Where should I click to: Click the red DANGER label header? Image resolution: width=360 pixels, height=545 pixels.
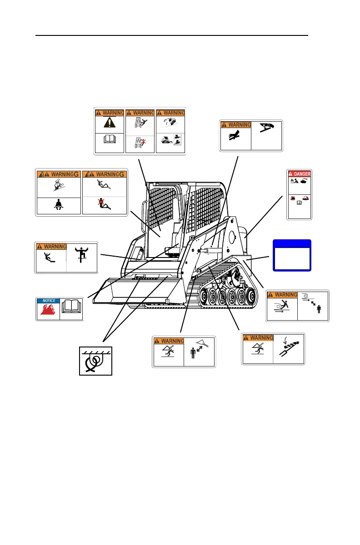click(x=299, y=174)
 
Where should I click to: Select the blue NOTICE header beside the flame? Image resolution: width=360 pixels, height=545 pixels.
click(x=48, y=301)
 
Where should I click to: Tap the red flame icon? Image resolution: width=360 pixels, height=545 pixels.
click(x=48, y=312)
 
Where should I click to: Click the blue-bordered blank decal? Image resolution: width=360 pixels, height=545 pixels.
click(x=291, y=255)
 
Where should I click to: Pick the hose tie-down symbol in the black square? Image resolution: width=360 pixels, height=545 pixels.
click(x=95, y=361)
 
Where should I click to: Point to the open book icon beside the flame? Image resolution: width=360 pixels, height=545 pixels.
click(x=71, y=309)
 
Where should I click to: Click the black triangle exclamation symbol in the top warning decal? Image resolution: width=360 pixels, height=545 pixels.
click(x=109, y=123)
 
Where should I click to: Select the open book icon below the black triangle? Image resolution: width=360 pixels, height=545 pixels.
click(x=109, y=144)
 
